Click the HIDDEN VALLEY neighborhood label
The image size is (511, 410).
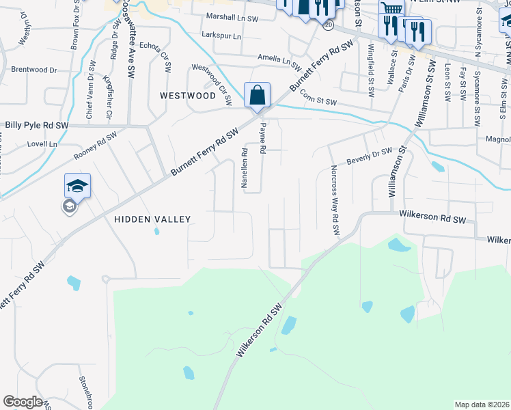(152, 219)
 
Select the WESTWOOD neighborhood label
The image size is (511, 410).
(188, 96)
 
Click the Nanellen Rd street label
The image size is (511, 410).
(243, 167)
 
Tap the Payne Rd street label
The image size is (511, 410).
(262, 139)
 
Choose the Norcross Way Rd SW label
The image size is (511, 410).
(335, 201)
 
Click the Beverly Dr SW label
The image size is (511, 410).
(370, 156)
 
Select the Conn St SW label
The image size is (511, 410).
(318, 101)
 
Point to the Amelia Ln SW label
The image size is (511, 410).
(279, 60)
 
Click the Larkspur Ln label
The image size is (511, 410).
(221, 36)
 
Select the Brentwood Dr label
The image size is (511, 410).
(33, 70)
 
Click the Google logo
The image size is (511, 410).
(23, 402)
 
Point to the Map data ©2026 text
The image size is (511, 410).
(482, 405)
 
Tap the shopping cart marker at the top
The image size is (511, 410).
(391, 8)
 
